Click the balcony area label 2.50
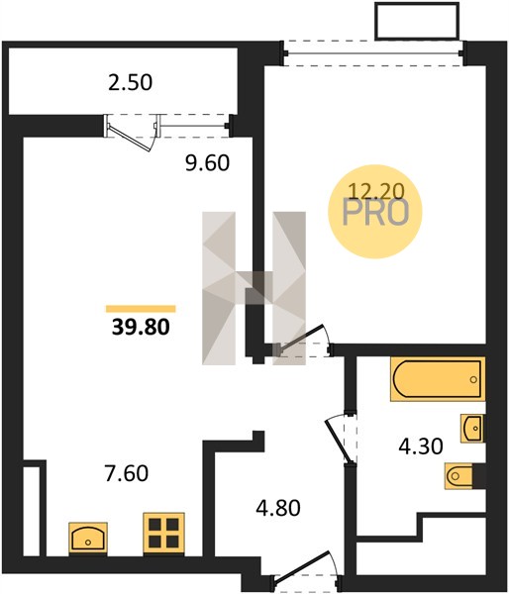pyautogui.click(x=130, y=82)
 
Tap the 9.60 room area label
pyautogui.click(x=207, y=163)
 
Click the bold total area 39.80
pyautogui.click(x=141, y=327)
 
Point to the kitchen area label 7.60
pyautogui.click(x=127, y=473)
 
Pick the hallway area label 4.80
pyautogui.click(x=278, y=508)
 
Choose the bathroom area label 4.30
pyautogui.click(x=421, y=446)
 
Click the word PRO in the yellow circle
pyautogui.click(x=375, y=213)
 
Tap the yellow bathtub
pyautogui.click(x=438, y=379)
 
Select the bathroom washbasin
pyautogui.click(x=472, y=428)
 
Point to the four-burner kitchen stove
pyautogui.click(x=163, y=534)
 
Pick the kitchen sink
pyautogui.click(x=88, y=539)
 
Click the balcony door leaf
pyautogui.click(x=130, y=138)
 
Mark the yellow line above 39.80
pyautogui.click(x=141, y=309)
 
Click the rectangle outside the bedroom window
pyautogui.click(x=417, y=21)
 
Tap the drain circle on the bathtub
pyautogui.click(x=473, y=379)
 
